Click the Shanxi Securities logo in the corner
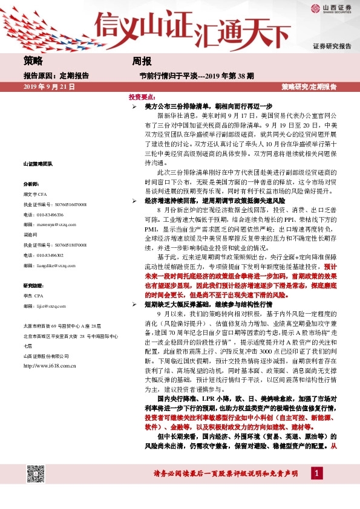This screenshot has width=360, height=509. coord(331,8)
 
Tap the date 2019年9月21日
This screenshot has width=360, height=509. coord(48,88)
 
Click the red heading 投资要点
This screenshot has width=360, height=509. coord(143,97)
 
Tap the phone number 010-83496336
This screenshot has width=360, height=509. coord(41,213)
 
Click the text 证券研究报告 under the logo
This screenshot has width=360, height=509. coord(332,47)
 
